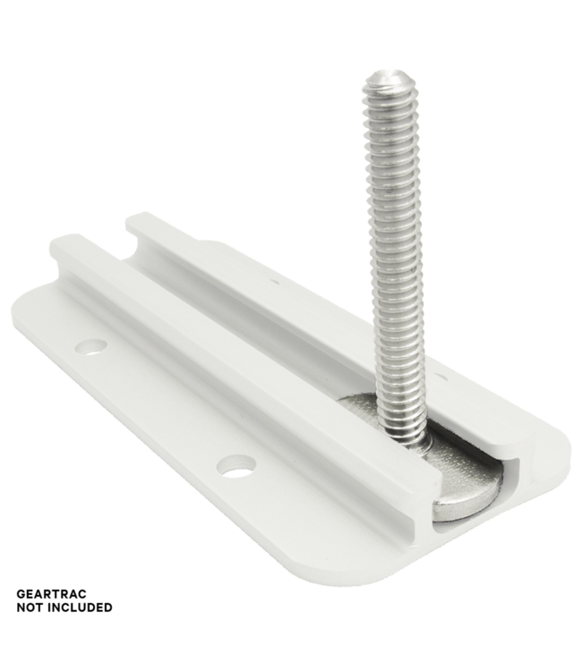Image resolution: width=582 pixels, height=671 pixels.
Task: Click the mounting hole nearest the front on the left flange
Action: (235, 464)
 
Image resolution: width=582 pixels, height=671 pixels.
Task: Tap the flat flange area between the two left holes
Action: (161, 403)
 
